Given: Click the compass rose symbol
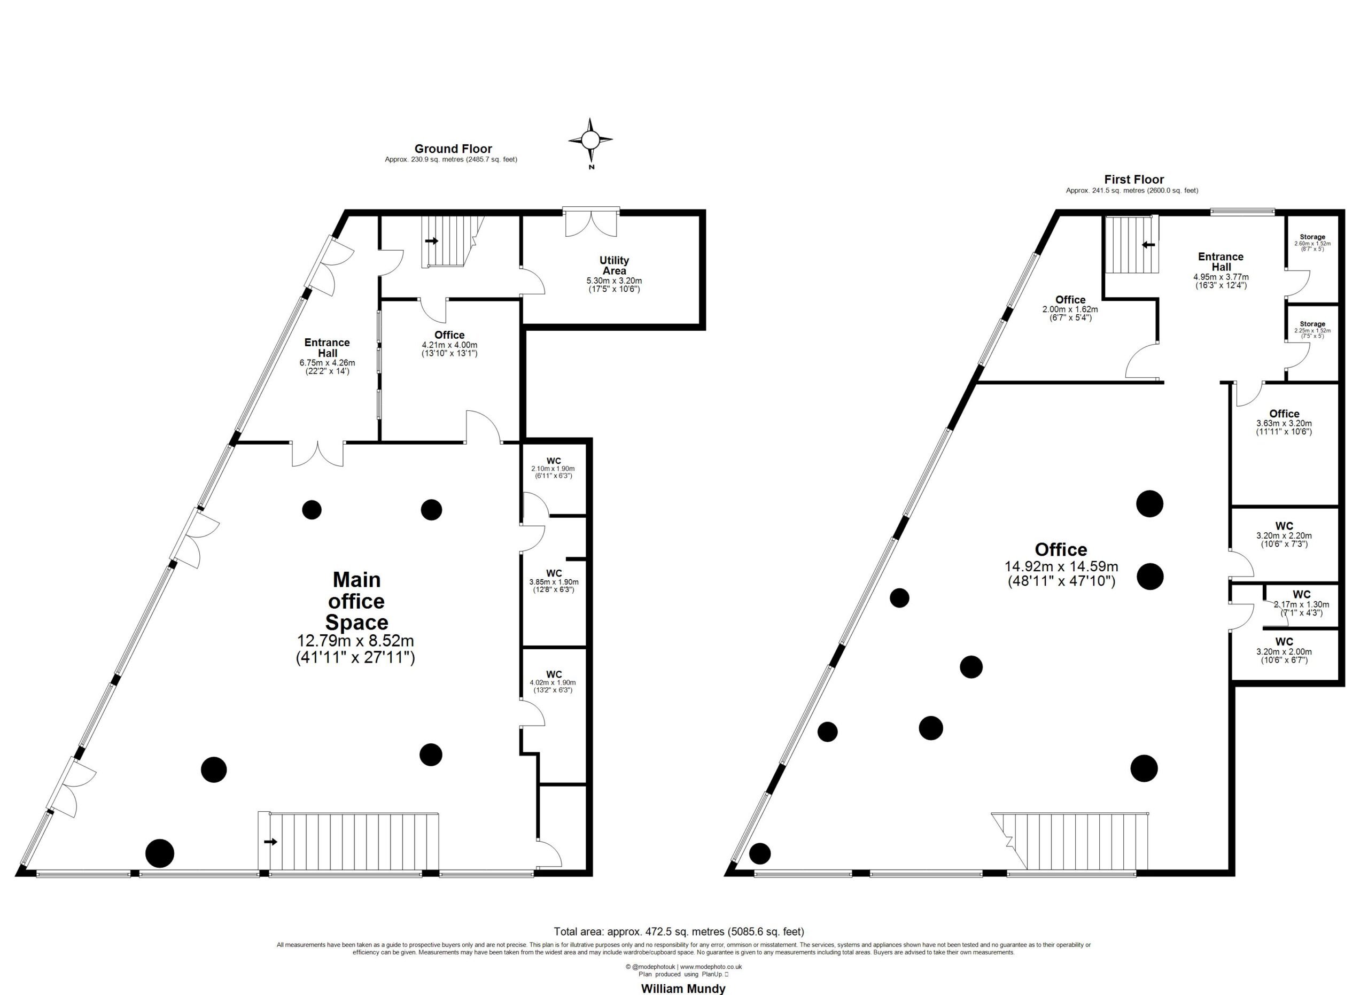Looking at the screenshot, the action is tap(590, 140).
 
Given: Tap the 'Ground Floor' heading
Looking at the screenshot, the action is tap(453, 149).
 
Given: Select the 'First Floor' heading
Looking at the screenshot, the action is tap(1134, 179).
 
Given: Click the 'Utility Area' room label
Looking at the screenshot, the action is tap(614, 266).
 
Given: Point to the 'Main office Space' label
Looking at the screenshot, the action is tap(356, 601).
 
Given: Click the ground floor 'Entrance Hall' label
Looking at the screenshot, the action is tap(327, 347).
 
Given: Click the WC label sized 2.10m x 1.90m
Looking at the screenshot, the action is tap(554, 461).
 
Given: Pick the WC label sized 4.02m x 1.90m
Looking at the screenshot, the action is tap(554, 674).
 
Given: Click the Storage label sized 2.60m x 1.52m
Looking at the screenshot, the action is tap(1312, 237).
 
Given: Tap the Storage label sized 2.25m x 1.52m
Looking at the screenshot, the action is tap(1312, 324).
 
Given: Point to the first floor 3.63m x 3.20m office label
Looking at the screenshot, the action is tap(1284, 414).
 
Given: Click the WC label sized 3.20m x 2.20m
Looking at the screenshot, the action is tap(1284, 526).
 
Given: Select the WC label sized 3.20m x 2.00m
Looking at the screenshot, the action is tap(1284, 642).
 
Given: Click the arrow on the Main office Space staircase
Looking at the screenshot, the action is tap(270, 841).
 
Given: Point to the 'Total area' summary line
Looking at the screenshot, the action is tap(679, 932).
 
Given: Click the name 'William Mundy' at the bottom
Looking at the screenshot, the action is tap(683, 989).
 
